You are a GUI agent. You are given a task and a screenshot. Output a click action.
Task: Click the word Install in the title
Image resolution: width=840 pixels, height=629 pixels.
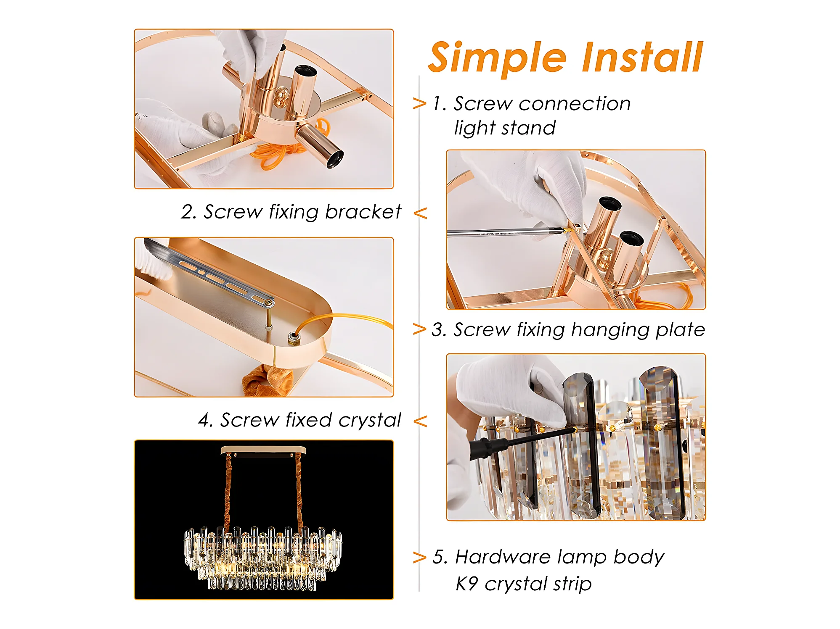pyautogui.click(x=642, y=57)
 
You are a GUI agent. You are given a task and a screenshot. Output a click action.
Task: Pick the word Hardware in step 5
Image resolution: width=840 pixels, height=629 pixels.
pyautogui.click(x=503, y=557)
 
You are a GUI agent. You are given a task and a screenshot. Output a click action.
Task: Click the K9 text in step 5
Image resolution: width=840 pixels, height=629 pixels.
pyautogui.click(x=467, y=584)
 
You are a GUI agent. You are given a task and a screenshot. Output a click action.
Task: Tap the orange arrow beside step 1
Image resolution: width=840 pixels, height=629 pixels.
pyautogui.click(x=419, y=103)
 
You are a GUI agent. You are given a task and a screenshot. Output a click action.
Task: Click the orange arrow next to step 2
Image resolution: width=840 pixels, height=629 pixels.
pyautogui.click(x=420, y=213)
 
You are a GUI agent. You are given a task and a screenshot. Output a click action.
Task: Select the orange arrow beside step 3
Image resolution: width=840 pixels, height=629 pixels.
pyautogui.click(x=419, y=329)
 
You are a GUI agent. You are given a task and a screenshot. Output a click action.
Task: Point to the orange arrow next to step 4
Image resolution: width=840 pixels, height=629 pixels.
pyautogui.click(x=420, y=421)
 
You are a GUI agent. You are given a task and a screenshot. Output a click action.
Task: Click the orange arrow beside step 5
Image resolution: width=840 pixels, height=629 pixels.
pyautogui.click(x=419, y=558)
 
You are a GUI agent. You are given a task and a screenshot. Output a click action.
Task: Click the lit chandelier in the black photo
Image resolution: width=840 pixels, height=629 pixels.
pyautogui.click(x=263, y=557)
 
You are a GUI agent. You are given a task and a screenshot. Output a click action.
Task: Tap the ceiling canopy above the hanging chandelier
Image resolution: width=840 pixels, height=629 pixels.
pyautogui.click(x=263, y=451)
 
